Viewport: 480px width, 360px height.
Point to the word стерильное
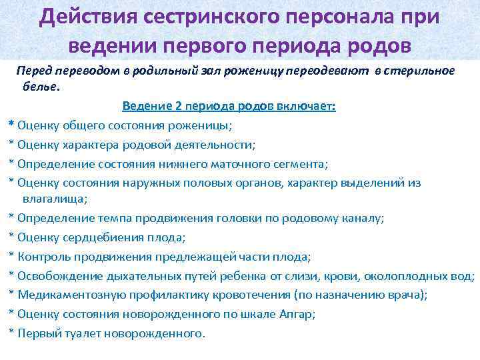click(419, 71)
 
